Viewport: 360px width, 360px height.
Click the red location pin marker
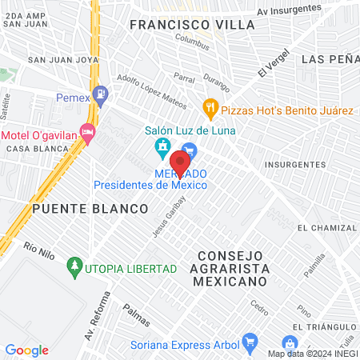click(x=181, y=163)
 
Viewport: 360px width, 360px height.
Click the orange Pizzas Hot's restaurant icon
click(x=210, y=106)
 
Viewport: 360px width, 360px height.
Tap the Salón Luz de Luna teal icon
click(x=162, y=146)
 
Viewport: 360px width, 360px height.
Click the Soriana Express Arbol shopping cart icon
click(x=249, y=340)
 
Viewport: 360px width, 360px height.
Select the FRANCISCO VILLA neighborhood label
click(x=192, y=25)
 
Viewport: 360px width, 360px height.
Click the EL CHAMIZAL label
click(x=324, y=228)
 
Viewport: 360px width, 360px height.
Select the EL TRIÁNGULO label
click(x=324, y=328)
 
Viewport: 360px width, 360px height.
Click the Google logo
click(x=26, y=350)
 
